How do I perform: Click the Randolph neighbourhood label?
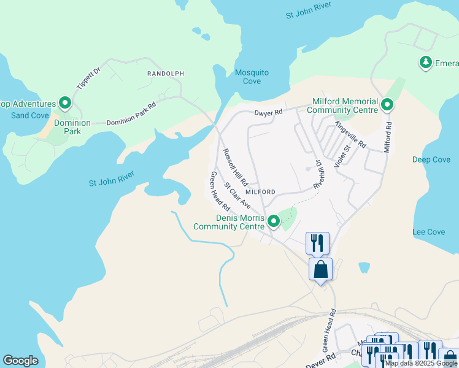[165, 74]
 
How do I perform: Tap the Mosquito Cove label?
[252, 77]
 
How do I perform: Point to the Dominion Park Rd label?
[131, 114]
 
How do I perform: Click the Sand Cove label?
[29, 115]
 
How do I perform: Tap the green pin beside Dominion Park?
[64, 104]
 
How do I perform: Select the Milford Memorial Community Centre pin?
[387, 105]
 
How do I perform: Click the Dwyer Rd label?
[269, 113]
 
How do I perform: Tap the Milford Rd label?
[388, 137]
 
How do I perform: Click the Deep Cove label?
[431, 159]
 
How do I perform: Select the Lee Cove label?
[429, 232]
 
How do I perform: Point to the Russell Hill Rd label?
[235, 167]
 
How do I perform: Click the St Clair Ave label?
[237, 194]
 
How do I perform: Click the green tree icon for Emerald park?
[425, 62]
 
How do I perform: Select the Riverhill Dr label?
[318, 174]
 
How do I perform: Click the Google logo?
[20, 360]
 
